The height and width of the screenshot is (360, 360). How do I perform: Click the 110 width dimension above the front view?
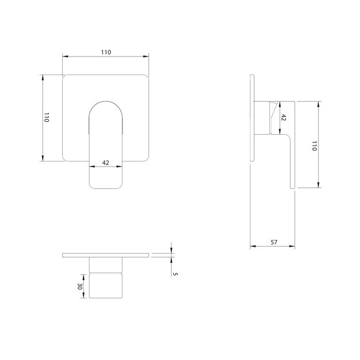coord(106,52)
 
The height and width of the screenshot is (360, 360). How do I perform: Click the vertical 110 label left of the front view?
coord(47,117)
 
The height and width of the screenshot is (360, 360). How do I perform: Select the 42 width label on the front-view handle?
coord(105,163)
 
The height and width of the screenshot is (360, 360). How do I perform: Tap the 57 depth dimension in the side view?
coord(274,242)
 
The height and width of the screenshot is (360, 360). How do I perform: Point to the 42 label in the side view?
coord(283,118)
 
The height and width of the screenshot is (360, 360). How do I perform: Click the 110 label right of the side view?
coord(314,146)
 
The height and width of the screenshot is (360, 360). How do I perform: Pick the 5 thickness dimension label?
coord(175,274)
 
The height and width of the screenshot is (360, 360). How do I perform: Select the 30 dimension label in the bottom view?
coord(80,286)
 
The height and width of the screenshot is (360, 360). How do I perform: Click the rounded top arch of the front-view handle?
coord(105,101)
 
